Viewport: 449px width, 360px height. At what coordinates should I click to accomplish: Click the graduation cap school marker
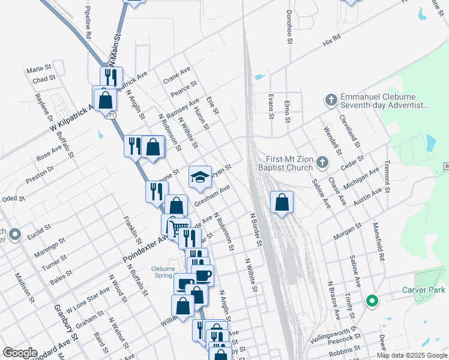pyautogui.click(x=200, y=176)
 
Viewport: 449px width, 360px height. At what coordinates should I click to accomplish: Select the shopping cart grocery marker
pyautogui.click(x=172, y=226)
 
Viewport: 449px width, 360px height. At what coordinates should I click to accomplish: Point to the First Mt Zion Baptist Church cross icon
pyautogui.click(x=322, y=162)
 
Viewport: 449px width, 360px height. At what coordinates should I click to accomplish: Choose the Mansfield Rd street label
pyautogui.click(x=379, y=242)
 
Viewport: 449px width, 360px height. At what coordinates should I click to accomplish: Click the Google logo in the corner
pyautogui.click(x=20, y=353)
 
